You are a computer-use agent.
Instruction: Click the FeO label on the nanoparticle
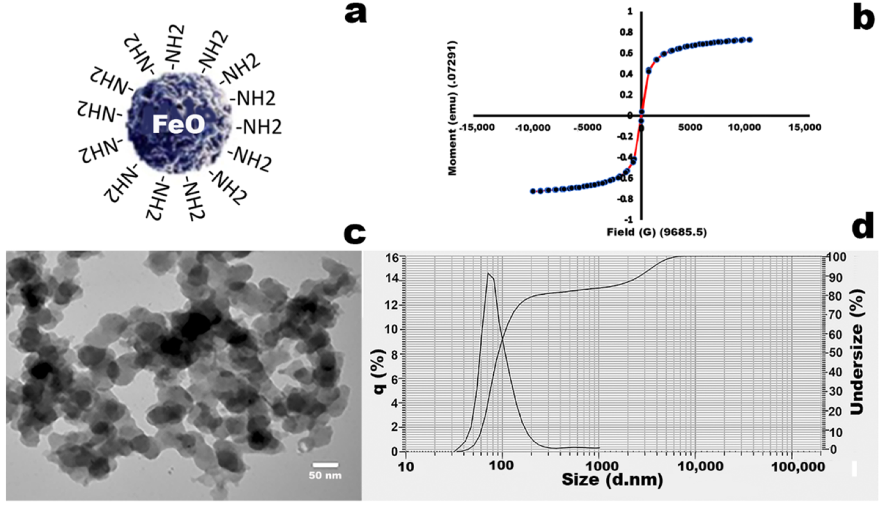pos(178,124)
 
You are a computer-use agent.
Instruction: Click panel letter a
pos(356,13)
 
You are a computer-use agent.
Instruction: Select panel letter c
pos(354,233)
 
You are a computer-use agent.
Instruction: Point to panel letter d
pos(863,227)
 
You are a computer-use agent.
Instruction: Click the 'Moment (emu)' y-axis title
pos(452,108)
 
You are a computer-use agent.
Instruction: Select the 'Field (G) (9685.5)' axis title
pos(656,232)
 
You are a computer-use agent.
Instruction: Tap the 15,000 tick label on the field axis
pos(804,127)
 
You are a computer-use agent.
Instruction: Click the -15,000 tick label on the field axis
pos(477,127)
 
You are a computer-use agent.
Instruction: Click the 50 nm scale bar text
pos(325,476)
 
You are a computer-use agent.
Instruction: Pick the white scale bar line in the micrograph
pos(325,465)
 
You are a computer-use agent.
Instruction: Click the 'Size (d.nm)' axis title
pos(612,480)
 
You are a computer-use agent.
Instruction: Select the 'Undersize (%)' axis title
pos(857,352)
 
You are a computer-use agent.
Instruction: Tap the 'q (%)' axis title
pos(379,371)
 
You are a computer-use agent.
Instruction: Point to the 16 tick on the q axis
pos(392,258)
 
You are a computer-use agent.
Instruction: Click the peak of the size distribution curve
pos(489,274)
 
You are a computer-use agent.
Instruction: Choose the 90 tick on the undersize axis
pos(835,278)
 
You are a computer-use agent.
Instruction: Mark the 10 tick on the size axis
pos(405,466)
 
